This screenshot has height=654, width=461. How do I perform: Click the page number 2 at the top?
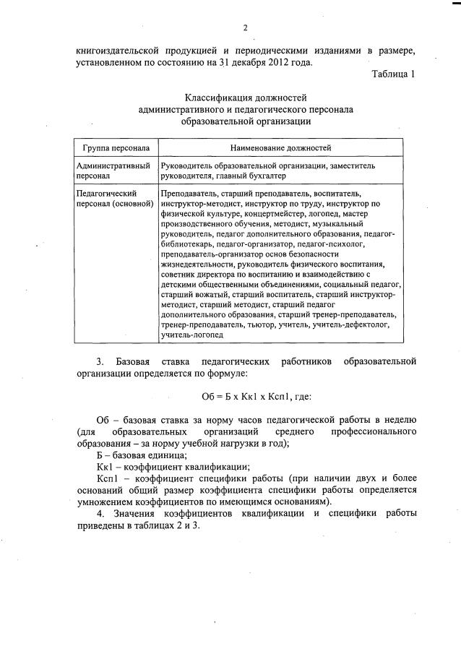coord(245,28)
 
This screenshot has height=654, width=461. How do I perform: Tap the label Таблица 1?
coord(394,74)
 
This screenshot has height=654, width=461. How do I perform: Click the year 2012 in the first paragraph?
coord(276,62)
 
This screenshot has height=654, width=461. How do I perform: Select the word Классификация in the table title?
coord(215,97)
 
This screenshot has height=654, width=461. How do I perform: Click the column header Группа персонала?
coord(116,147)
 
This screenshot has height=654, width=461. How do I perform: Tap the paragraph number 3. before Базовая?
coord(101,360)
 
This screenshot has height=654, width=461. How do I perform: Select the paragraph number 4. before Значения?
coord(101,513)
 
